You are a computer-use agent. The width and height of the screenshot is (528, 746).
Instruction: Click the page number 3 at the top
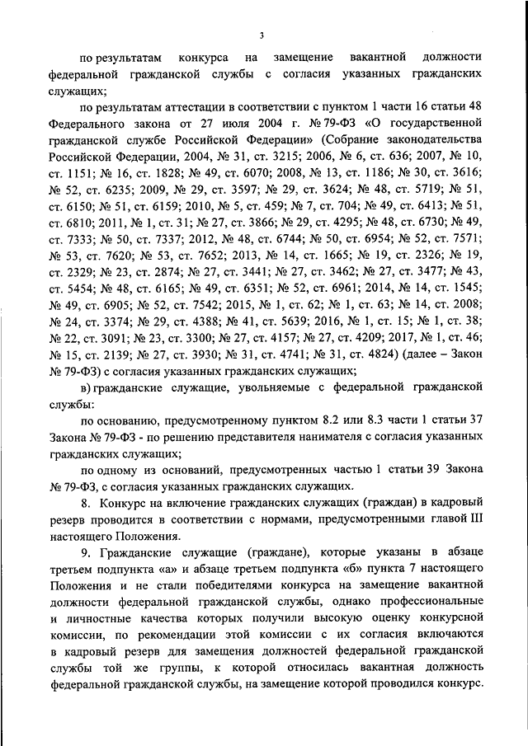(262, 35)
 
